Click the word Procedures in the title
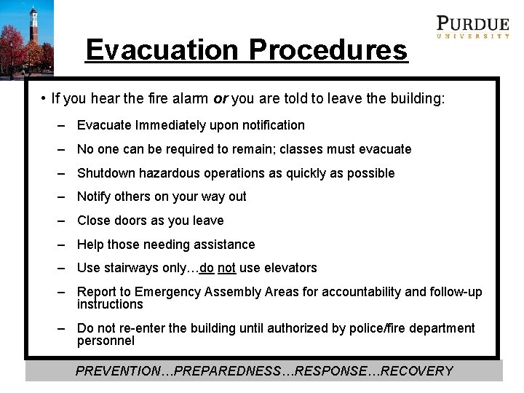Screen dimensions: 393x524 pyautogui.click(x=327, y=50)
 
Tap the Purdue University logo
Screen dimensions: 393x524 pyautogui.click(x=472, y=27)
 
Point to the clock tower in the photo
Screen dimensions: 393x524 pyautogui.click(x=33, y=29)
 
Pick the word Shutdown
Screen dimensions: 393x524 pyautogui.click(x=106, y=173)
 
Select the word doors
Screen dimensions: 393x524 pyautogui.click(x=129, y=221)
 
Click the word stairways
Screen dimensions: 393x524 pyautogui.click(x=132, y=268)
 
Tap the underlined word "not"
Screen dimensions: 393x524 pyautogui.click(x=226, y=268)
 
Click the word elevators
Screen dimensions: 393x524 pyautogui.click(x=290, y=268)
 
